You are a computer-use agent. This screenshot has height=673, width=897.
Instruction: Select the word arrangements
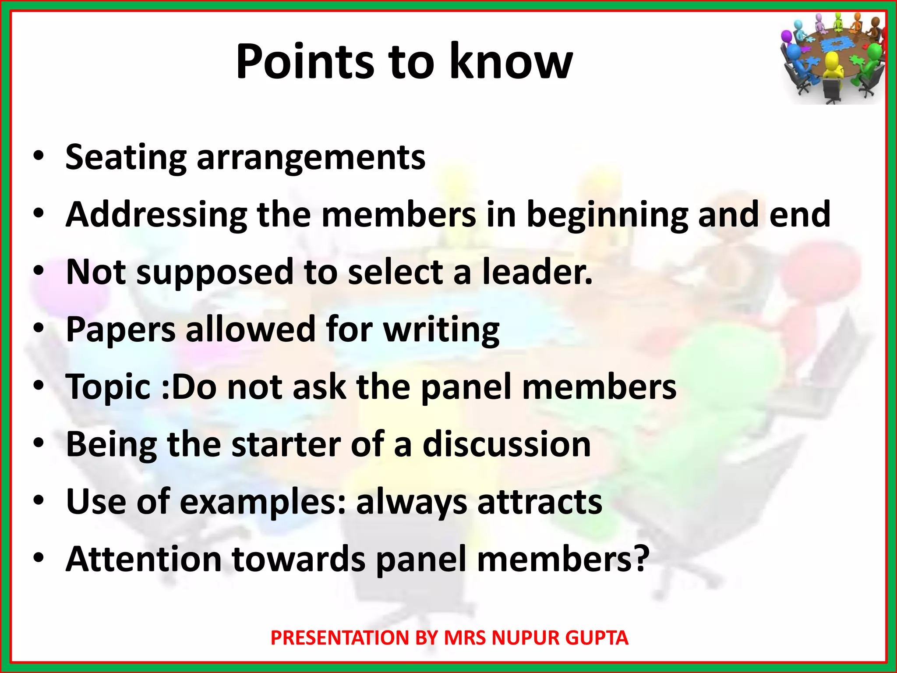click(311, 158)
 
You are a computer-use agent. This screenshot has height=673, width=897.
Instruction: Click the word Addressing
click(156, 215)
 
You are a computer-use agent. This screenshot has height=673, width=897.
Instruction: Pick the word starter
click(286, 444)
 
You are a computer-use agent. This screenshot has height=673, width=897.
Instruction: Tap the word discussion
click(507, 444)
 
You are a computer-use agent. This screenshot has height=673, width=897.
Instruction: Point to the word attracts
click(540, 502)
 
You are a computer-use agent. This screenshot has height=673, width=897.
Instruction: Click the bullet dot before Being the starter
click(39, 443)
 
